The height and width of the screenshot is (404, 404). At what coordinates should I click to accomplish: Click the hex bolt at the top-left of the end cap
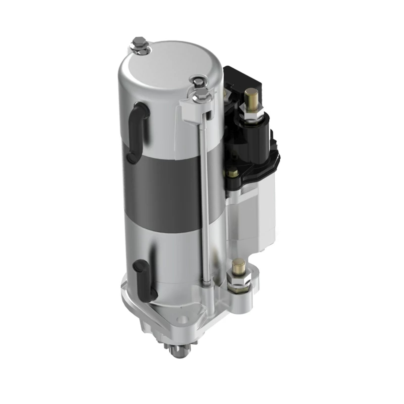coord(139,44)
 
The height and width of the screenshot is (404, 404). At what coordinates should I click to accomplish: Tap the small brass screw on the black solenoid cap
coord(232,173)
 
